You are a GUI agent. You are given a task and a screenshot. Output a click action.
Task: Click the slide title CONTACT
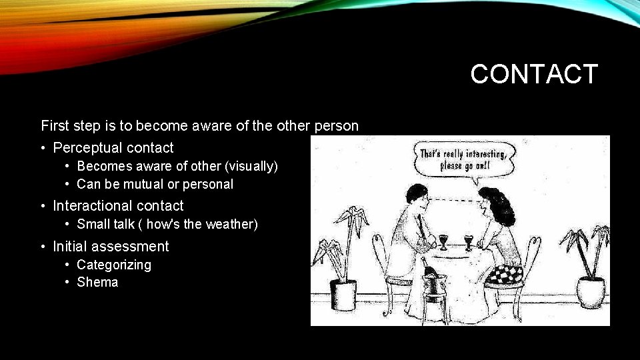[534, 74]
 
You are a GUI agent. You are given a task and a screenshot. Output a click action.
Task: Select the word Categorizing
[114, 265]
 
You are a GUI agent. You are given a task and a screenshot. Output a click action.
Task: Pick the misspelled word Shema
[97, 282]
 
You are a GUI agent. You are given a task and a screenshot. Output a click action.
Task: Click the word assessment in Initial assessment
[135, 247]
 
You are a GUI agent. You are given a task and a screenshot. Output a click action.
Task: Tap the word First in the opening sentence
[55, 125]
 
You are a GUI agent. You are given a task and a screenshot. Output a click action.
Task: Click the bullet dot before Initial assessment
[43, 247]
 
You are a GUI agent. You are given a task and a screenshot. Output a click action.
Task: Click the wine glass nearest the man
[443, 241]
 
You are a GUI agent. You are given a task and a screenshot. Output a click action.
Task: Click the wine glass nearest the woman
[468, 241]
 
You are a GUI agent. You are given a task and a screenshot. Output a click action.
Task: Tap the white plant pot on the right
[591, 291]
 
